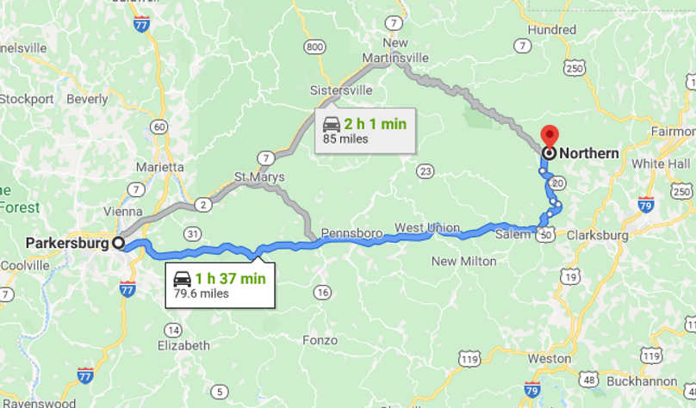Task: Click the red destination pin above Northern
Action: click(549, 136)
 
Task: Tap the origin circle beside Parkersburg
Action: click(118, 243)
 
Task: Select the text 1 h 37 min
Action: click(230, 278)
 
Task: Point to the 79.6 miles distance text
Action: click(202, 294)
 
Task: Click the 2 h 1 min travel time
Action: click(376, 124)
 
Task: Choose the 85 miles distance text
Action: click(346, 139)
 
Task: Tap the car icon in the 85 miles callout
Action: click(332, 124)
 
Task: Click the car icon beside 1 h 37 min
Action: click(182, 278)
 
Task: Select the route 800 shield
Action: click(316, 46)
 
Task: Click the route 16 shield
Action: click(322, 294)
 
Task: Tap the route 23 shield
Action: click(424, 171)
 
